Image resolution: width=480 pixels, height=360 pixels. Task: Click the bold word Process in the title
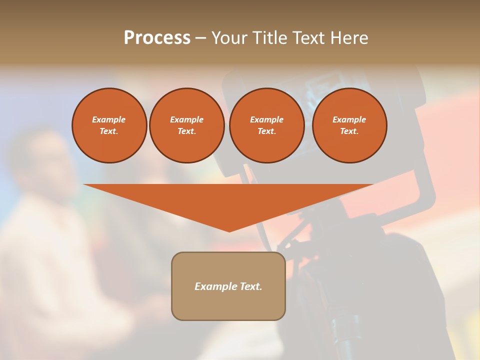pyautogui.click(x=157, y=38)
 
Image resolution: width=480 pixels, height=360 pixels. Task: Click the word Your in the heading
pyautogui.click(x=228, y=38)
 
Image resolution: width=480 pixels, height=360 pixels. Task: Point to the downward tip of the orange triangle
pyautogui.click(x=229, y=230)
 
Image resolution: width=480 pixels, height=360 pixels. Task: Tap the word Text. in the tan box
pyautogui.click(x=250, y=286)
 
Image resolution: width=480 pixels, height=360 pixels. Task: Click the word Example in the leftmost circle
pyautogui.click(x=109, y=119)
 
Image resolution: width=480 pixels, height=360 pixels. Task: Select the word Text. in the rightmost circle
pyautogui.click(x=349, y=131)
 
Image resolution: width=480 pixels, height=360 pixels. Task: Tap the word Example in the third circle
pyautogui.click(x=266, y=119)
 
